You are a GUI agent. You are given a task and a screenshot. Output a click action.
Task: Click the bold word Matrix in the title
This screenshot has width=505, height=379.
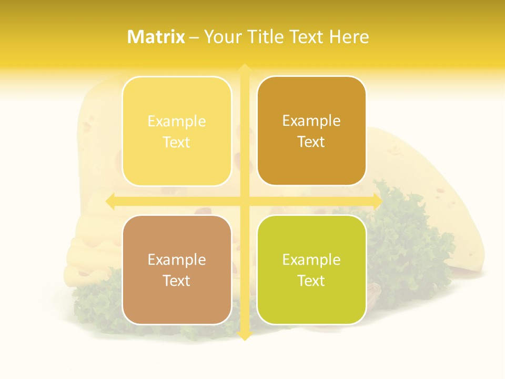[156, 37]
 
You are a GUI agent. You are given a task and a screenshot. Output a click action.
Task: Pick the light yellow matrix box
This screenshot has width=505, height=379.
[177, 131]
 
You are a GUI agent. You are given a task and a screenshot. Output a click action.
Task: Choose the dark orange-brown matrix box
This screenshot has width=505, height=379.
[311, 131]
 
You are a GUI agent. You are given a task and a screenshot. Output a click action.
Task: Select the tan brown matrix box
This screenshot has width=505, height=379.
[177, 270]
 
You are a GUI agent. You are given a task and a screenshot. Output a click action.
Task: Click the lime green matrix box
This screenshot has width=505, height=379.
[311, 270]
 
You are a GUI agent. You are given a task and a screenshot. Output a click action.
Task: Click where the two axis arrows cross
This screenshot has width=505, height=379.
[244, 201]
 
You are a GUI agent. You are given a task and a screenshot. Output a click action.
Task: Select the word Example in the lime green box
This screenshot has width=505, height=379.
[311, 260]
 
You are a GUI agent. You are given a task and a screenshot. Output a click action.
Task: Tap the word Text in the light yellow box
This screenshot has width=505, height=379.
[177, 142]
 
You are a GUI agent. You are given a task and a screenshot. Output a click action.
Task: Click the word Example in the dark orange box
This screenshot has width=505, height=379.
[311, 121]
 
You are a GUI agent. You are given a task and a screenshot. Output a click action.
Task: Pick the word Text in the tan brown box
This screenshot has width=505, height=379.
[177, 281]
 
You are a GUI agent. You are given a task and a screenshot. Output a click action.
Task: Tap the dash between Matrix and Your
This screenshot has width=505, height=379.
[194, 37]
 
